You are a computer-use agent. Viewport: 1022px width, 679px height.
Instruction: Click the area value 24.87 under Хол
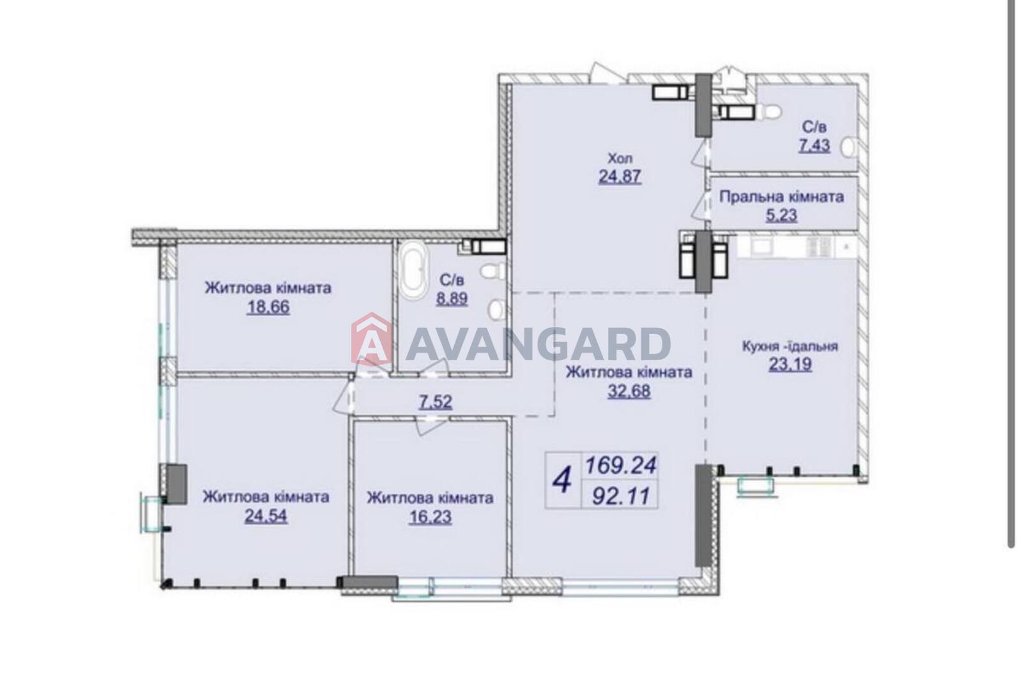(620, 176)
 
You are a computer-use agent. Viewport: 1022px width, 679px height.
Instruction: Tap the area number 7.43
(814, 146)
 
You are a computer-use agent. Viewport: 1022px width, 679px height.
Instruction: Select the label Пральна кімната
(782, 197)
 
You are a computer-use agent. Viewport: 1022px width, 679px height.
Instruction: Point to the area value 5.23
(781, 215)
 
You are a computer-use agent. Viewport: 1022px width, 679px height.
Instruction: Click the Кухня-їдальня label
(790, 346)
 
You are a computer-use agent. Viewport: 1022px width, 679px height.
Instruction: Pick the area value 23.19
(790, 365)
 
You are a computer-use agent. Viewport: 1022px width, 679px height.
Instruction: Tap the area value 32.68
(629, 391)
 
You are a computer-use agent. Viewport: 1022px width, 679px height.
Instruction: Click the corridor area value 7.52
(436, 402)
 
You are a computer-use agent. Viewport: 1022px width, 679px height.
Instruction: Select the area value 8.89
(452, 298)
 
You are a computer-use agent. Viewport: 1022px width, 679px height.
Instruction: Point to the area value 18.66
(268, 307)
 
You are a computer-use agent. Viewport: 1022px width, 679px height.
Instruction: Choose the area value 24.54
(266, 515)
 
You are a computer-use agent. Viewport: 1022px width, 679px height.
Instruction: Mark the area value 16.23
(431, 517)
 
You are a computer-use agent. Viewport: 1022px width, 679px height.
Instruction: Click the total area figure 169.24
(621, 466)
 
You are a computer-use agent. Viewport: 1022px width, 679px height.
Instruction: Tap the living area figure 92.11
(620, 496)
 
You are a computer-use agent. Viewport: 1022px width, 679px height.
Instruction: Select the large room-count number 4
(562, 481)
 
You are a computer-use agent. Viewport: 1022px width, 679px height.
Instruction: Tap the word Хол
(620, 158)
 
